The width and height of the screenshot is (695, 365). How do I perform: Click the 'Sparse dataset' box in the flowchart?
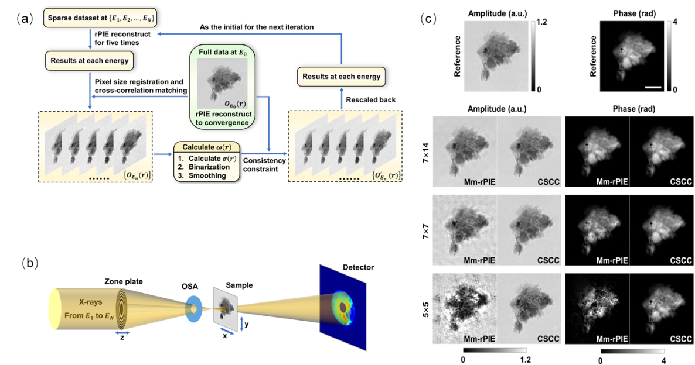click(x=101, y=18)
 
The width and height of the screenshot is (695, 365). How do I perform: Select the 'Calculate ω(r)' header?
click(x=206, y=147)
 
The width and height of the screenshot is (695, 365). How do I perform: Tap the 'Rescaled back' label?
click(x=370, y=100)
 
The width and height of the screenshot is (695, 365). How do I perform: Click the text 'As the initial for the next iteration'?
click(x=257, y=27)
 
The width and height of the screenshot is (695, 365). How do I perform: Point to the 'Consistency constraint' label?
click(x=264, y=164)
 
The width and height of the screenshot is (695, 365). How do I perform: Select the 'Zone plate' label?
click(x=124, y=281)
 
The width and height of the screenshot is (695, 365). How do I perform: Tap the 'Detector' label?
click(x=358, y=267)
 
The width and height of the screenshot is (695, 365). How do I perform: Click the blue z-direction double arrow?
click(x=123, y=332)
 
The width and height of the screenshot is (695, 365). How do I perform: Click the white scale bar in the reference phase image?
click(x=653, y=88)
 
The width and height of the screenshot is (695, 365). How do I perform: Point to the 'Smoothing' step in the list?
click(x=207, y=175)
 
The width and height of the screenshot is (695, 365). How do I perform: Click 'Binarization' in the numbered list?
click(x=209, y=167)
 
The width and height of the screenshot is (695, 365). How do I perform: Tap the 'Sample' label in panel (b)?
click(x=239, y=285)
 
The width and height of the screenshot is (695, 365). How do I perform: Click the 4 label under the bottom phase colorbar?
click(x=663, y=360)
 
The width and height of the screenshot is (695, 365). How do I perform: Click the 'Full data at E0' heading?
click(x=223, y=53)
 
